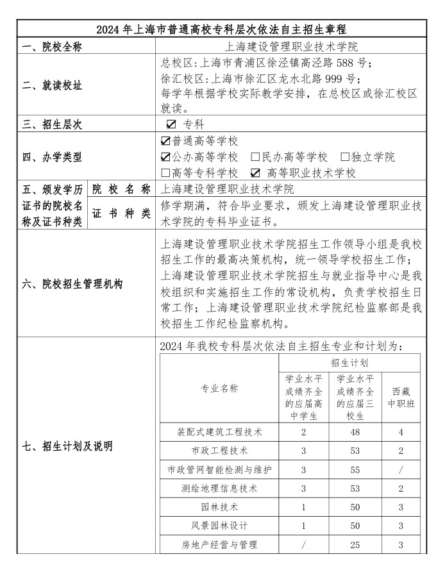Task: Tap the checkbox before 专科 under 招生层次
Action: coord(171,124)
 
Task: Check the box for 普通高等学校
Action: coord(165,141)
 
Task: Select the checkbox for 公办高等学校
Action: coord(165,157)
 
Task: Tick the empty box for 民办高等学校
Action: coord(255,157)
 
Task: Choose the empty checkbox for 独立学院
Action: coord(345,157)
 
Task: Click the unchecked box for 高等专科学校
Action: coord(165,173)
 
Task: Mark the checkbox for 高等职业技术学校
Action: coord(256,173)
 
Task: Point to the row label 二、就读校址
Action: coord(53,86)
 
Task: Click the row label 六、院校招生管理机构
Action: coord(72,284)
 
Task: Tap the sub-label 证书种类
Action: coord(121,213)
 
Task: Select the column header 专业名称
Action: coord(219,389)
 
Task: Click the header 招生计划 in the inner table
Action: coord(349,363)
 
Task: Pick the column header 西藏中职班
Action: coord(401,397)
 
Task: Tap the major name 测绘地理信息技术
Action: coord(219,489)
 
